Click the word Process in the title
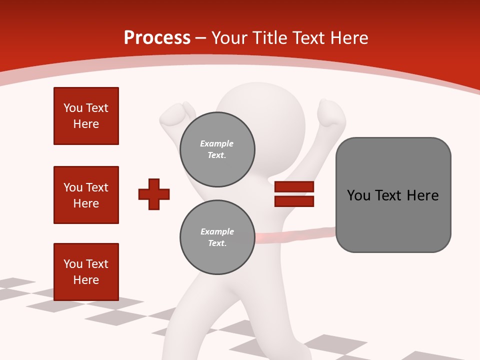[x=157, y=38]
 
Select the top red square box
[x=86, y=116]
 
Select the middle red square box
[x=86, y=195]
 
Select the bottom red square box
[x=86, y=272]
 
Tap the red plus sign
[x=154, y=194]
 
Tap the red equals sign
[x=294, y=194]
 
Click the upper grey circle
[x=217, y=149]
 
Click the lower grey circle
[x=217, y=237]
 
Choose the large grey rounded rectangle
[x=393, y=195]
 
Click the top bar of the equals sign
[x=294, y=187]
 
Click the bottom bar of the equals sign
[x=294, y=201]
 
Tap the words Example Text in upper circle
[x=217, y=149]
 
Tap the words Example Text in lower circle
[x=217, y=237]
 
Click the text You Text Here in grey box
[x=393, y=195]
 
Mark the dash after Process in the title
[x=201, y=38]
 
